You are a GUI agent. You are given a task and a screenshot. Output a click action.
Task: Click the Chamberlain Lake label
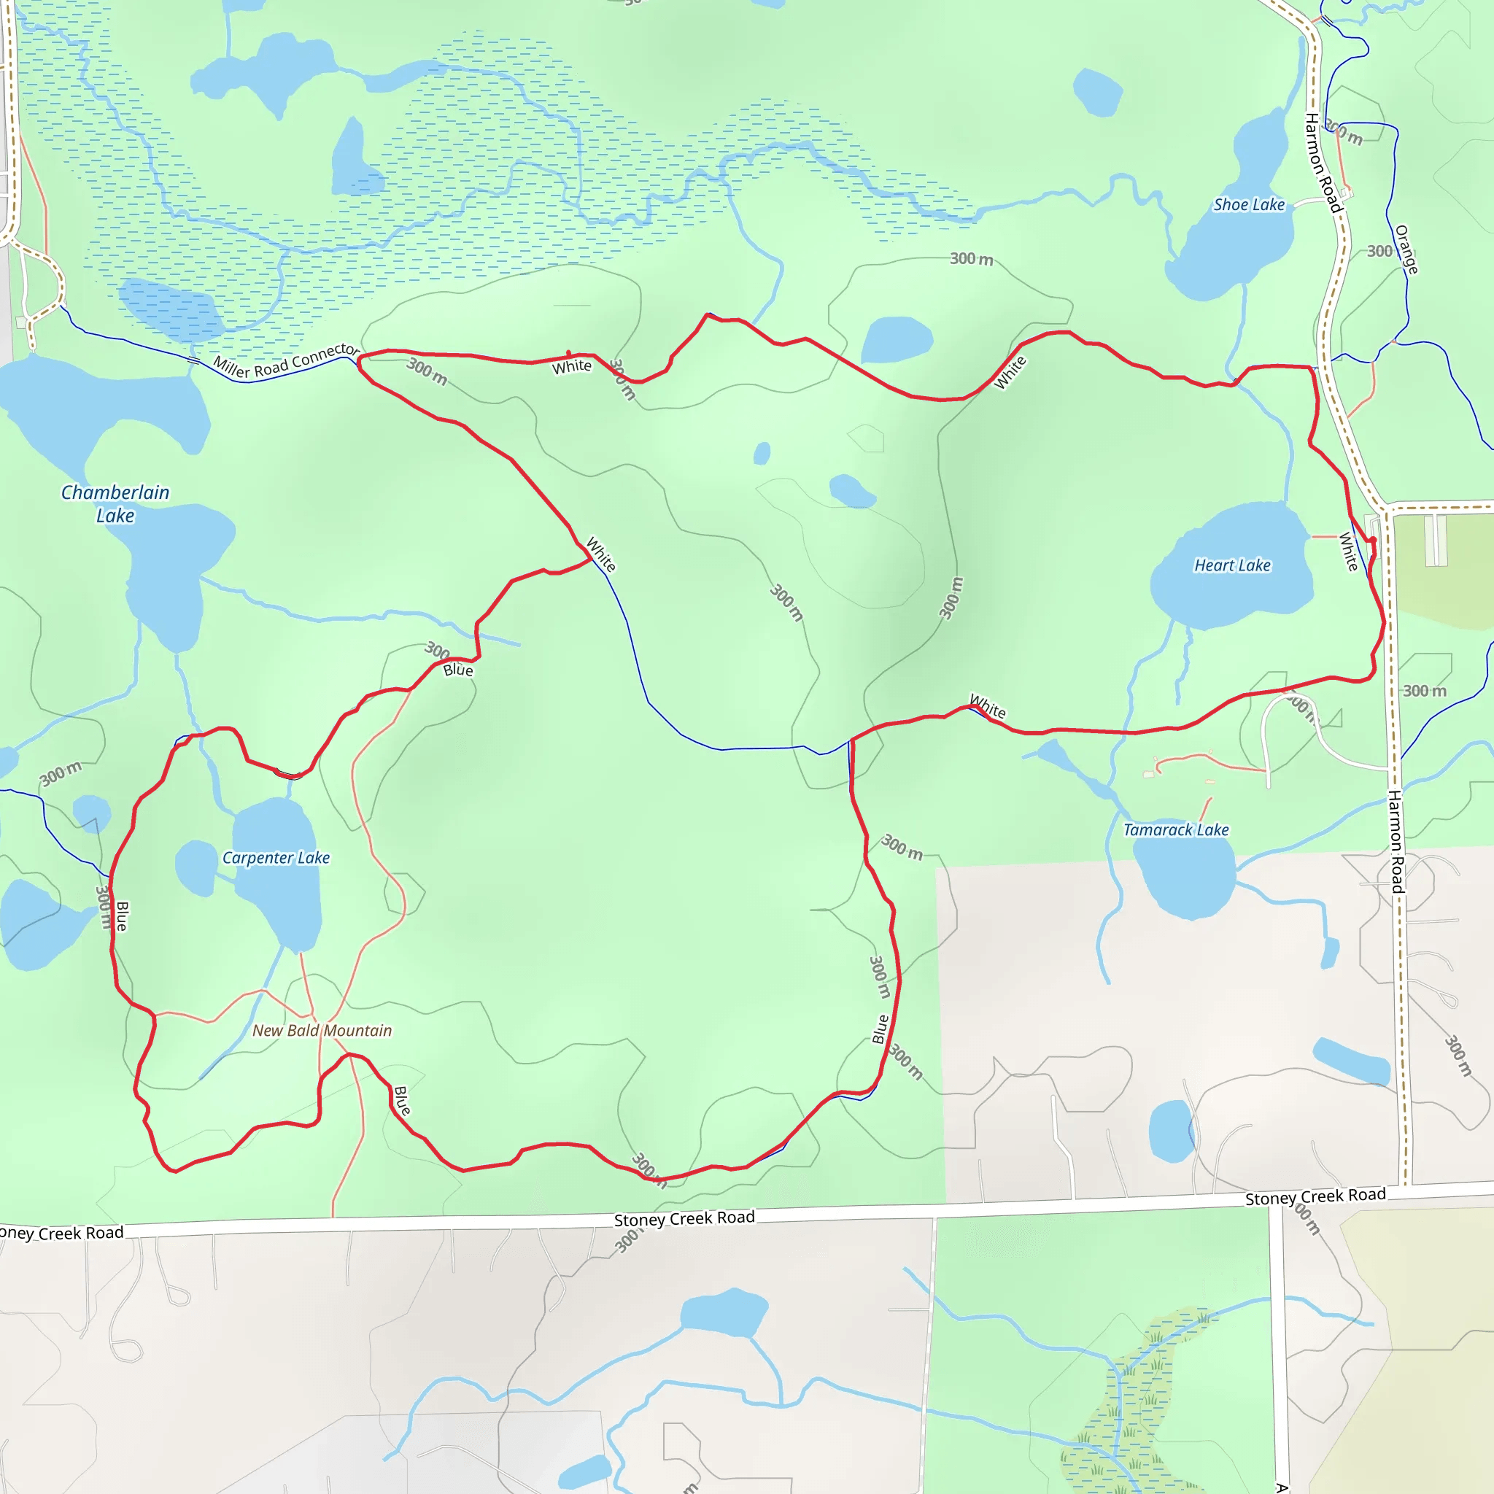(115, 503)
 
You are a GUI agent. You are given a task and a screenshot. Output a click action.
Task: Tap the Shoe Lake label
(1248, 205)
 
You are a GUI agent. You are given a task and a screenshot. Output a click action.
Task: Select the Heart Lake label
(1232, 565)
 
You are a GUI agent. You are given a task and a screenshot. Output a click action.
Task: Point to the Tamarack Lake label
(1175, 829)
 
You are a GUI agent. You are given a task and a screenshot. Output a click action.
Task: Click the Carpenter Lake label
(276, 858)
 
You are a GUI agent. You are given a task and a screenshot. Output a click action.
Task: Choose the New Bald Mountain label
(322, 1030)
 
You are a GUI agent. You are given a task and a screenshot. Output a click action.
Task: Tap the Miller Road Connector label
(286, 361)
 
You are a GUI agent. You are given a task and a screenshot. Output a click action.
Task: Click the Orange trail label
(1406, 249)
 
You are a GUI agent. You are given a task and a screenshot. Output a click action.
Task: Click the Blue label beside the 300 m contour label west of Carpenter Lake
(122, 916)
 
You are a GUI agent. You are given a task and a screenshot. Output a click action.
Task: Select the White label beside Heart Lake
(1348, 551)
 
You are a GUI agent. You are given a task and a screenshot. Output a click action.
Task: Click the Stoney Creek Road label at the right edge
(1315, 1196)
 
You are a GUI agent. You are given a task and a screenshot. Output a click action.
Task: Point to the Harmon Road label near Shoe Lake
(1323, 163)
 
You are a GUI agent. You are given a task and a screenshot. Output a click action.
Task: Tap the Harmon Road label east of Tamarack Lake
(1395, 841)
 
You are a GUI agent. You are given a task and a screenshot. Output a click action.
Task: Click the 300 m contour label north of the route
(971, 259)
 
